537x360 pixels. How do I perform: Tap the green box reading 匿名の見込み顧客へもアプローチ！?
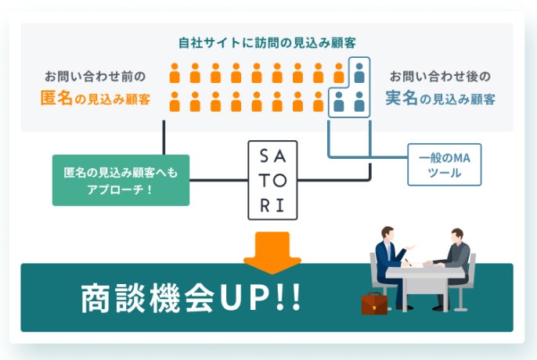(x=121, y=180)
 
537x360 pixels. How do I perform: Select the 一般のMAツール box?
(x=444, y=164)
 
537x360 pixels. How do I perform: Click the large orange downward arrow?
(x=272, y=253)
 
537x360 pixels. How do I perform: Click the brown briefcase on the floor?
(x=374, y=303)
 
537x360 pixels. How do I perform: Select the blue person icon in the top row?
(x=359, y=73)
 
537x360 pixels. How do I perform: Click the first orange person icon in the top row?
(x=175, y=73)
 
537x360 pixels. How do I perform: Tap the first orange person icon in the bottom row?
(x=175, y=101)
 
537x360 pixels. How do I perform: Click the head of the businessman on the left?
(x=387, y=233)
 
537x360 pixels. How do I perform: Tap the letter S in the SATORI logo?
(x=263, y=156)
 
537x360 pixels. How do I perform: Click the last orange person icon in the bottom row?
(x=318, y=101)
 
